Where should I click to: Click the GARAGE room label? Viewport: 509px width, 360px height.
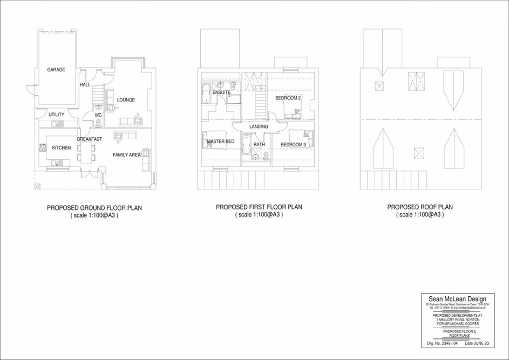click(x=56, y=70)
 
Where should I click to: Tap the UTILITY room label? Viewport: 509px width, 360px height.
click(x=57, y=114)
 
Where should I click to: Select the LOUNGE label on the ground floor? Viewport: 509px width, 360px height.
click(x=126, y=100)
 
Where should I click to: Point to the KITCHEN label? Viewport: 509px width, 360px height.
click(x=62, y=147)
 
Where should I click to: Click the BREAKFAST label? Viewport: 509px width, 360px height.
click(x=89, y=139)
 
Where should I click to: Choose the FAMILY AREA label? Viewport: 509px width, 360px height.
click(x=126, y=155)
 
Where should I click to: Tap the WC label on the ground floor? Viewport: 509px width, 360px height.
click(x=98, y=115)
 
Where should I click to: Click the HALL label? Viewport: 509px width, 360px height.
click(x=85, y=85)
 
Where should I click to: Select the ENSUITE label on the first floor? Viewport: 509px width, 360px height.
click(x=221, y=93)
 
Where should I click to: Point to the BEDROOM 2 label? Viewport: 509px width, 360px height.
click(x=288, y=98)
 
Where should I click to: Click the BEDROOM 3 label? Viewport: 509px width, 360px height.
click(x=293, y=145)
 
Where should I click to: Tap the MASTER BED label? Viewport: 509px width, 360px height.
click(x=221, y=142)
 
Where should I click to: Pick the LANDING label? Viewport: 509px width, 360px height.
click(x=259, y=127)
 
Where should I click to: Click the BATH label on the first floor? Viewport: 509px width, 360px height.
click(x=259, y=145)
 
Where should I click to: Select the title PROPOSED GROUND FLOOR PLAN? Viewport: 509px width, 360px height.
click(x=94, y=208)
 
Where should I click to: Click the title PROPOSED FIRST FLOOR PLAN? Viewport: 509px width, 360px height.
click(x=259, y=207)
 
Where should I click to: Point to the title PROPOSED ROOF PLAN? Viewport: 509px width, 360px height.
click(x=420, y=207)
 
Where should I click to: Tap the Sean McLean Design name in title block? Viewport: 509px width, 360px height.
click(x=457, y=299)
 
